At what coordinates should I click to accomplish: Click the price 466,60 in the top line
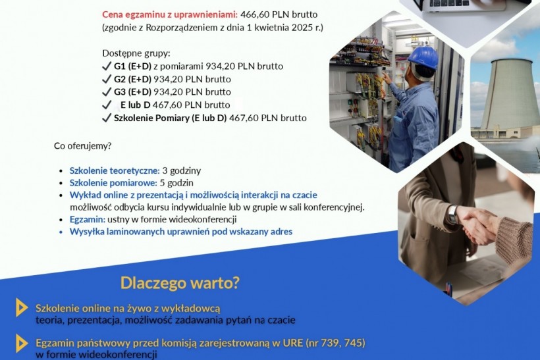254,14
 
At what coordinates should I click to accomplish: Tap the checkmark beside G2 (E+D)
107,79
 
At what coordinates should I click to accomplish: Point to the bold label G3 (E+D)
132,92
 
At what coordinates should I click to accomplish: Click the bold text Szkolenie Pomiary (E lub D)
170,118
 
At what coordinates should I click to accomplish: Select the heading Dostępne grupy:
136,54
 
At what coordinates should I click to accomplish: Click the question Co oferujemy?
83,146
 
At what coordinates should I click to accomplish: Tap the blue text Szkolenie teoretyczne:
115,170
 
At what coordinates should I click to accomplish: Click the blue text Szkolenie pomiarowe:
113,183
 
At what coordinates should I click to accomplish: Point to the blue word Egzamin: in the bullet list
88,220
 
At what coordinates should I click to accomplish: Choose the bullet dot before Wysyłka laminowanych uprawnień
61,232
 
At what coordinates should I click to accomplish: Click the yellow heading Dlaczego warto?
180,283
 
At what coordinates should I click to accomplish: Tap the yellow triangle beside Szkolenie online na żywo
21,307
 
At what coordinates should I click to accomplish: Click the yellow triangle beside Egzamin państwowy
21,343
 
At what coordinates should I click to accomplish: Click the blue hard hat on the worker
423,57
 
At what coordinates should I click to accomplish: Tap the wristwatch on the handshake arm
452,215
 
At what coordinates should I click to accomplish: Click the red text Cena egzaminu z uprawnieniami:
170,14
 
